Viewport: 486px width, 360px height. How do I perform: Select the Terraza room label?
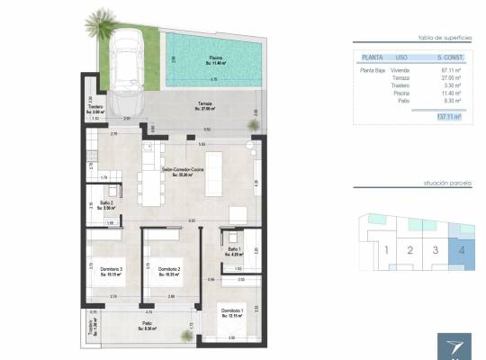click(206, 106)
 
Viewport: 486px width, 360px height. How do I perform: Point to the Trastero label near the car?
click(95, 108)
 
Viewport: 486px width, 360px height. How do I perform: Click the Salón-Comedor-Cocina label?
click(184, 171)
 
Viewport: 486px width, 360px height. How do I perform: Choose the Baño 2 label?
click(105, 205)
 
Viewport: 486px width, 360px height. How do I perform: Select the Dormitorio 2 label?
click(169, 271)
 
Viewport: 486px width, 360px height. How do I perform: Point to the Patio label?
click(146, 327)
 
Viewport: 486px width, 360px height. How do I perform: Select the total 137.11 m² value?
click(447, 116)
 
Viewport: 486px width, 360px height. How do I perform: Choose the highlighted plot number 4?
click(461, 250)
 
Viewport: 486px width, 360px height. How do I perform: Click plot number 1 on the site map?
click(385, 250)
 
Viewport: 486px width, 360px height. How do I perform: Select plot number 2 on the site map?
click(410, 250)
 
